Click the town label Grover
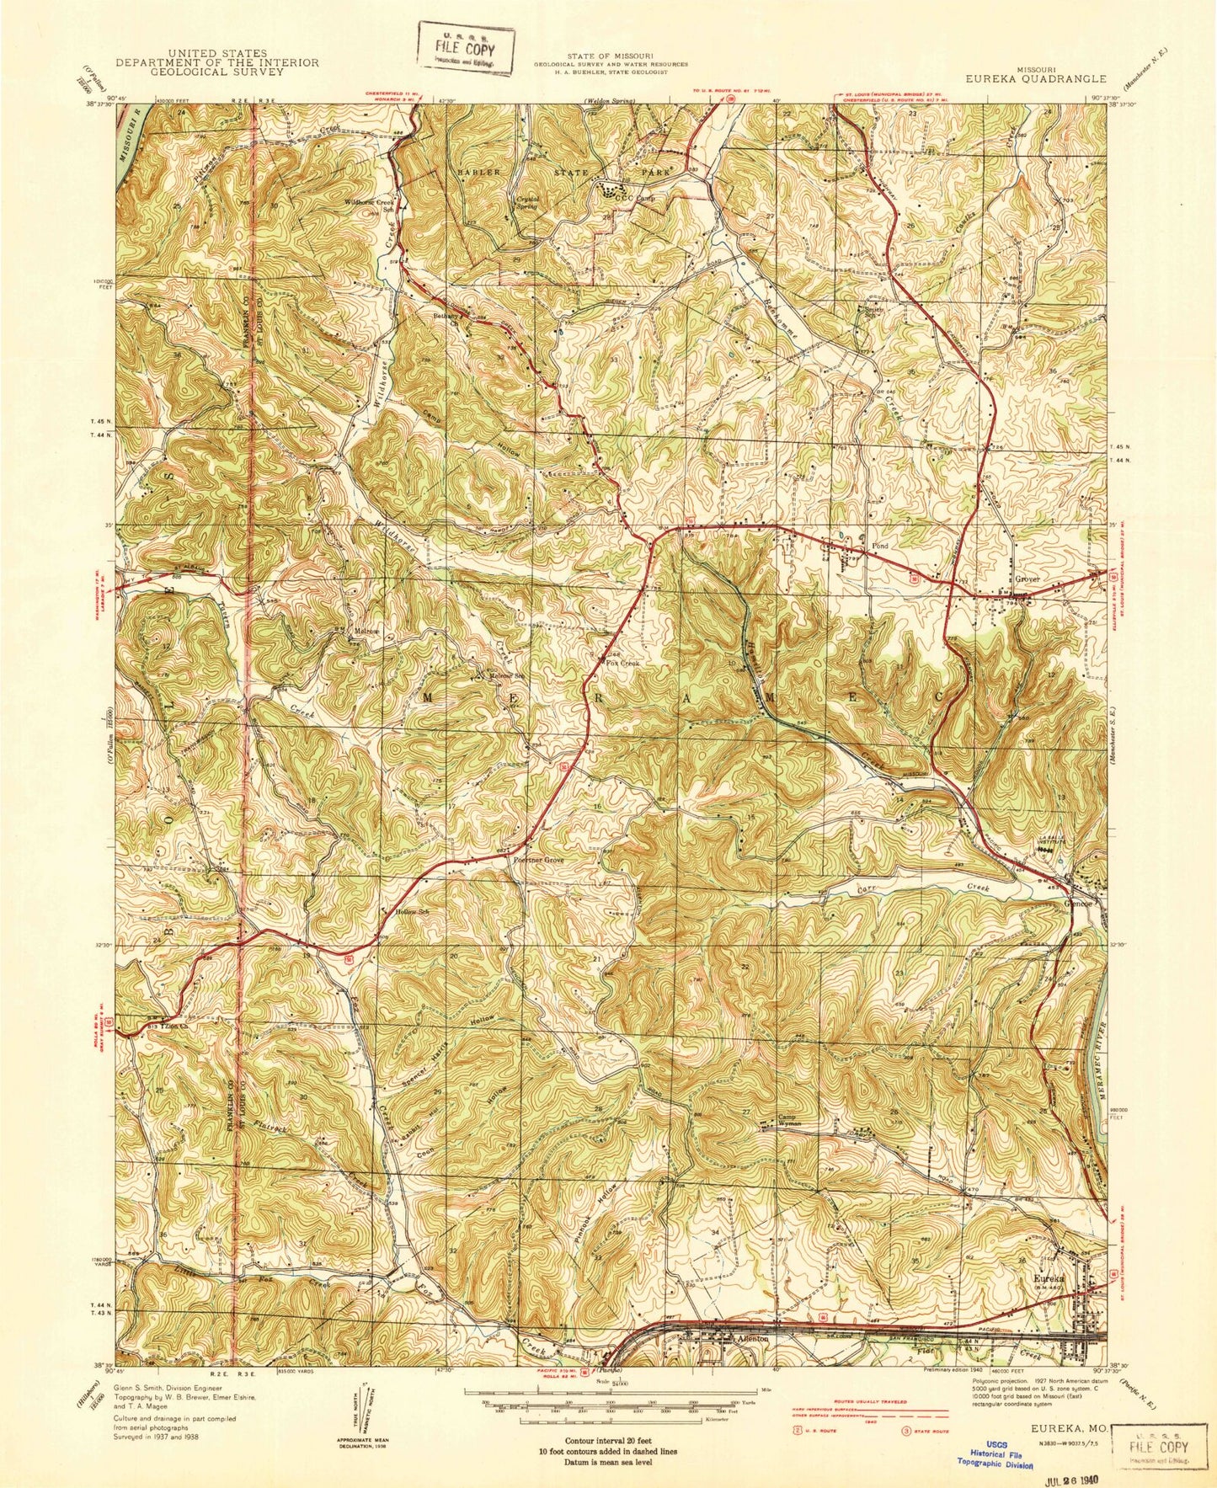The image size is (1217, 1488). click(x=1028, y=579)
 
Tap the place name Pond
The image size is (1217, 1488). click(x=879, y=546)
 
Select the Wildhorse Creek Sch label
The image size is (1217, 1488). click(x=369, y=205)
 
